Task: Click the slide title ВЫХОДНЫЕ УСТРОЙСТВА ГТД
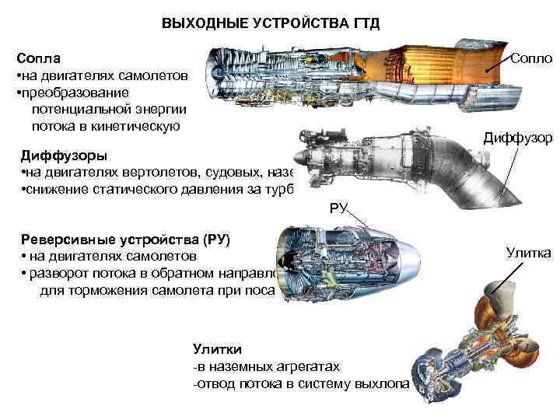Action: [271, 23]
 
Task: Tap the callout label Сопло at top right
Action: [531, 59]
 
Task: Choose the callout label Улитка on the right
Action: [528, 252]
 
